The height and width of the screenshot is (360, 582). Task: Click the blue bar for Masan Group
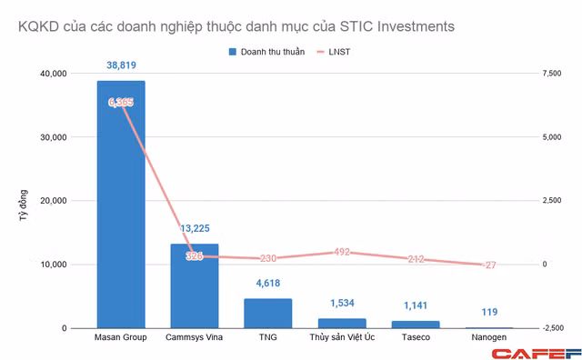tap(121, 205)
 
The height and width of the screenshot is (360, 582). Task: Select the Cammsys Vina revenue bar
tap(195, 286)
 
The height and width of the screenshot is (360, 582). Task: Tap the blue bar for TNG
tap(268, 314)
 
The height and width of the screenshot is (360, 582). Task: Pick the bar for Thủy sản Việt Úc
tap(342, 324)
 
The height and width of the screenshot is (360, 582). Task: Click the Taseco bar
tap(416, 325)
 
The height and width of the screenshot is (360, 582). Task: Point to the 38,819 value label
tap(121, 65)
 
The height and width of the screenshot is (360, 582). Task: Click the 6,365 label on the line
tap(121, 102)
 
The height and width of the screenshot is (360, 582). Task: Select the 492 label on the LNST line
tap(342, 252)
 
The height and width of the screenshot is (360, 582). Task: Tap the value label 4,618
tap(268, 283)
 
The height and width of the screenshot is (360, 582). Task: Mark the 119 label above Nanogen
tap(489, 312)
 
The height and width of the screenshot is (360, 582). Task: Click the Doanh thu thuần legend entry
tap(266, 52)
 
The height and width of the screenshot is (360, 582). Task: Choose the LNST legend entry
tap(334, 52)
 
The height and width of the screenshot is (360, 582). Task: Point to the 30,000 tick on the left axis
tap(54, 137)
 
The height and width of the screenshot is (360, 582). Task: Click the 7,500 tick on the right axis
tap(552, 74)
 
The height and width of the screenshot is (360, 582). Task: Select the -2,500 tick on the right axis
tap(553, 328)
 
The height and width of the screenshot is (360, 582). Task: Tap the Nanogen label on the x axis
tap(489, 337)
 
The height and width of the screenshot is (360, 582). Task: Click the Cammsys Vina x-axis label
tap(194, 337)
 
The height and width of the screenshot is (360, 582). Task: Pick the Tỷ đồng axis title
tap(24, 205)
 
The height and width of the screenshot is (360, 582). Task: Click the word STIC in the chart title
tap(356, 26)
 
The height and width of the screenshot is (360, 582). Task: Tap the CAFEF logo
tap(537, 354)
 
